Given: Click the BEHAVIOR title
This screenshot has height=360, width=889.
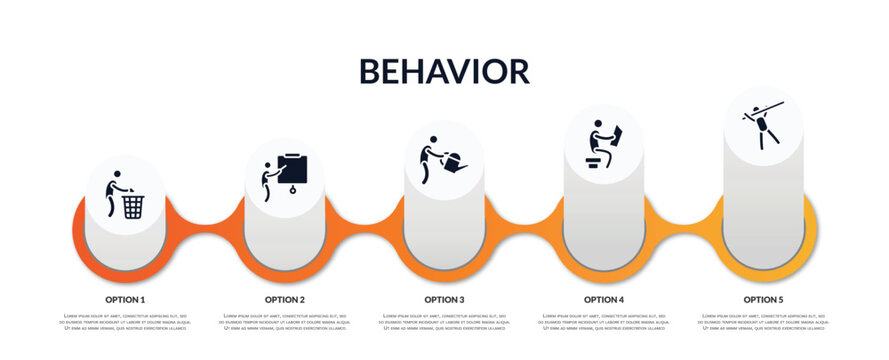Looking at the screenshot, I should point(444,71).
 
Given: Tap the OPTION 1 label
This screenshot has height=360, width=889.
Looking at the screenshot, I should point(125,299).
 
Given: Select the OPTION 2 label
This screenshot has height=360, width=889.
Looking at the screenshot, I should point(285,299).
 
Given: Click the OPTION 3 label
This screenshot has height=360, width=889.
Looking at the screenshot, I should point(444,299).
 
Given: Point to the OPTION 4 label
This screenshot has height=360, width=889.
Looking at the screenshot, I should point(604,299).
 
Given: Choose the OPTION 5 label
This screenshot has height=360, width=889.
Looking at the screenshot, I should point(763,299).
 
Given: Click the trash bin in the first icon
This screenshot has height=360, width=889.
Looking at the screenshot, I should point(133,206).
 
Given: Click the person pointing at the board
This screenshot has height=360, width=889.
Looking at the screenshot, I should point(267,181).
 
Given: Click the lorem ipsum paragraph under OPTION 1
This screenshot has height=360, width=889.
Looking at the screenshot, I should point(125,323).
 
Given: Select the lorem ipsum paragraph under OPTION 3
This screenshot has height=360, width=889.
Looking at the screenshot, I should point(444,323).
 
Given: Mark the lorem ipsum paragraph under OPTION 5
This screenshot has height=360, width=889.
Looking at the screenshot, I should point(763,323).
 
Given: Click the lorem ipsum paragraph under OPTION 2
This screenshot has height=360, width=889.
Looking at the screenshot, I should point(285,323).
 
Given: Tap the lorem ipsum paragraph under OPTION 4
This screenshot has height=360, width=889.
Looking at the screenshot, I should point(604,323).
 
